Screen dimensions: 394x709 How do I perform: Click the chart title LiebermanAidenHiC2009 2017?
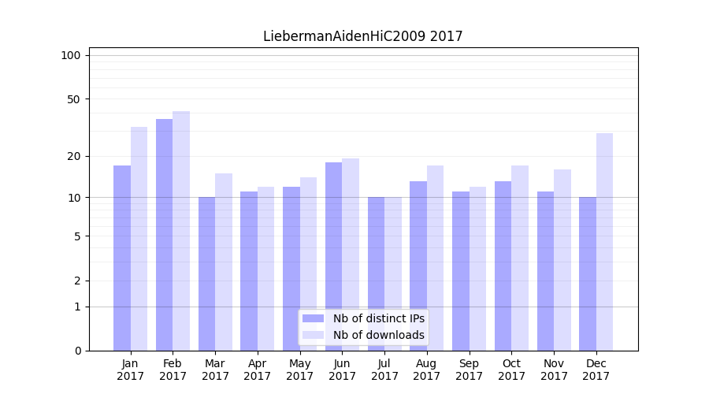pyautogui.click(x=362, y=36)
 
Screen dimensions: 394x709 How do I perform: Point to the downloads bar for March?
pyautogui.click(x=224, y=262)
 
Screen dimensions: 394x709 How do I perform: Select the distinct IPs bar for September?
pyautogui.click(x=460, y=271)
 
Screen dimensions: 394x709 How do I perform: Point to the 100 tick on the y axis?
pyautogui.click(x=71, y=55)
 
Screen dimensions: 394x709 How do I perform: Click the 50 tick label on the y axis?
pyautogui.click(x=73, y=99)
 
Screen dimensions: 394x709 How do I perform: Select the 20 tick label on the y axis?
pyautogui.click(x=73, y=156)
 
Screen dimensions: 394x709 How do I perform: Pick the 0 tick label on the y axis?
pyautogui.click(x=77, y=351)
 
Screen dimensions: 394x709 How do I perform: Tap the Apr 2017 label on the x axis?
pyautogui.click(x=258, y=370)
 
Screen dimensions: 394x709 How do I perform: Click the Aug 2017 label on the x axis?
pyautogui.click(x=427, y=370)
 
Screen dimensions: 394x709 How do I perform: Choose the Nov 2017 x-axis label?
pyautogui.click(x=554, y=370)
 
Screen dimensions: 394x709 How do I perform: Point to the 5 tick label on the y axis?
pyautogui.click(x=77, y=236)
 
